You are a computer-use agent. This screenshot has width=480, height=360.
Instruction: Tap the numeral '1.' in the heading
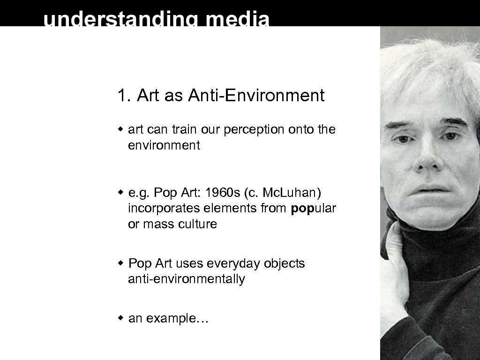click(x=123, y=96)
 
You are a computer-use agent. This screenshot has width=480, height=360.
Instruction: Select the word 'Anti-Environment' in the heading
click(x=256, y=96)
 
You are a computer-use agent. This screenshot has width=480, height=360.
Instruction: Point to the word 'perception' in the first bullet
click(x=254, y=129)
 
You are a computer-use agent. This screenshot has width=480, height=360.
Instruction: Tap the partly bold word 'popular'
click(x=313, y=209)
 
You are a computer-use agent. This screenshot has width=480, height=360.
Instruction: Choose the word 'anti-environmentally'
click(x=186, y=279)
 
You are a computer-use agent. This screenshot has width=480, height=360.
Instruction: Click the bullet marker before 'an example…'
click(x=120, y=318)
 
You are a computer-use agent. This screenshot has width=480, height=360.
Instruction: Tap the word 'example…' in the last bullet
click(x=177, y=319)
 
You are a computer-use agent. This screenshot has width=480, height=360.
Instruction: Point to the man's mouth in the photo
click(x=429, y=190)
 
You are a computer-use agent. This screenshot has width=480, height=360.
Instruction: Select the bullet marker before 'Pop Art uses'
click(x=120, y=263)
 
